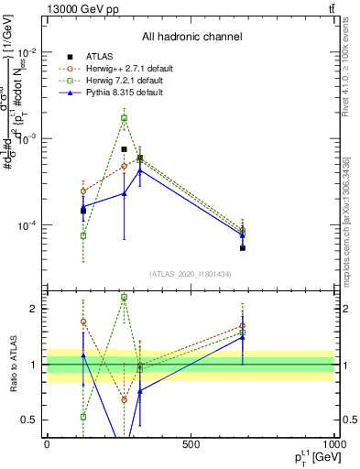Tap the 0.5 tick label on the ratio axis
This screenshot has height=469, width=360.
click(30, 420)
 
